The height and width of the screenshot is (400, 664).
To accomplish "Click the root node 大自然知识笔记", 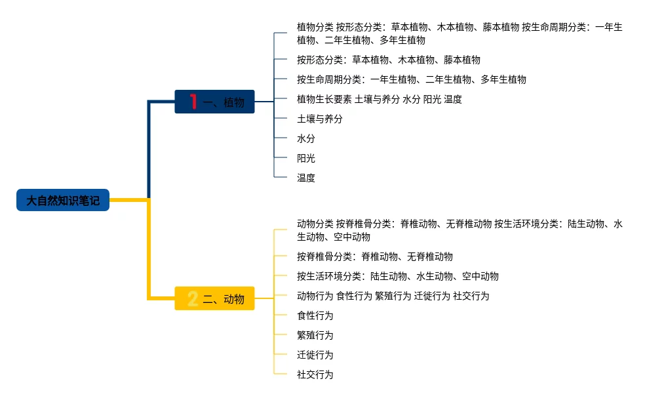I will [x=63, y=200].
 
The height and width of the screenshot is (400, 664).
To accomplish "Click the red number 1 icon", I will [x=193, y=102].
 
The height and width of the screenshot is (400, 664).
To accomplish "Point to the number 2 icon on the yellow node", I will [x=193, y=299].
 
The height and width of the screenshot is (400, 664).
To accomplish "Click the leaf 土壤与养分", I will [x=320, y=119].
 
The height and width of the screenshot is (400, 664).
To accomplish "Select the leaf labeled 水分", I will [x=306, y=138].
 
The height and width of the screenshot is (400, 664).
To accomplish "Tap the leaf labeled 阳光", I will [x=306, y=158].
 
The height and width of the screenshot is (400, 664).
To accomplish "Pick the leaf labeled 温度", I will [x=306, y=178].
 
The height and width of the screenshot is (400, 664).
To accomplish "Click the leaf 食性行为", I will [x=315, y=315].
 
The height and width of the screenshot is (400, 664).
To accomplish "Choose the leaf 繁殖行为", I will [x=315, y=335].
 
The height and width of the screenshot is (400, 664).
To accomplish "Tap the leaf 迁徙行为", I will [x=315, y=355].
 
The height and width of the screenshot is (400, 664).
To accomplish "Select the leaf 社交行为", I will [x=315, y=374].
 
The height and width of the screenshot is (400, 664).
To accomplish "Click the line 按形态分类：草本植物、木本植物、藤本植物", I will [x=389, y=60].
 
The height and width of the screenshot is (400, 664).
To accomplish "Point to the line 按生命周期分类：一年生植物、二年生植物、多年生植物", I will [x=412, y=79].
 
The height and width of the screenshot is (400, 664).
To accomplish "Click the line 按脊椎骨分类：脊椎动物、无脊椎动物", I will [x=375, y=256].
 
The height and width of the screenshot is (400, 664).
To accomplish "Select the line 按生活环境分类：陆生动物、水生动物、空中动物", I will [x=398, y=276].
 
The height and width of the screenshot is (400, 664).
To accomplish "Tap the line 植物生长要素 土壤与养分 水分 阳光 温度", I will [x=380, y=99].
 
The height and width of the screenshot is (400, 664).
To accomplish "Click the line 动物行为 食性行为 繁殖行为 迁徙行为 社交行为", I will [x=393, y=296].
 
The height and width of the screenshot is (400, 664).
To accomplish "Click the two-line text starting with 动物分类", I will [x=459, y=230].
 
